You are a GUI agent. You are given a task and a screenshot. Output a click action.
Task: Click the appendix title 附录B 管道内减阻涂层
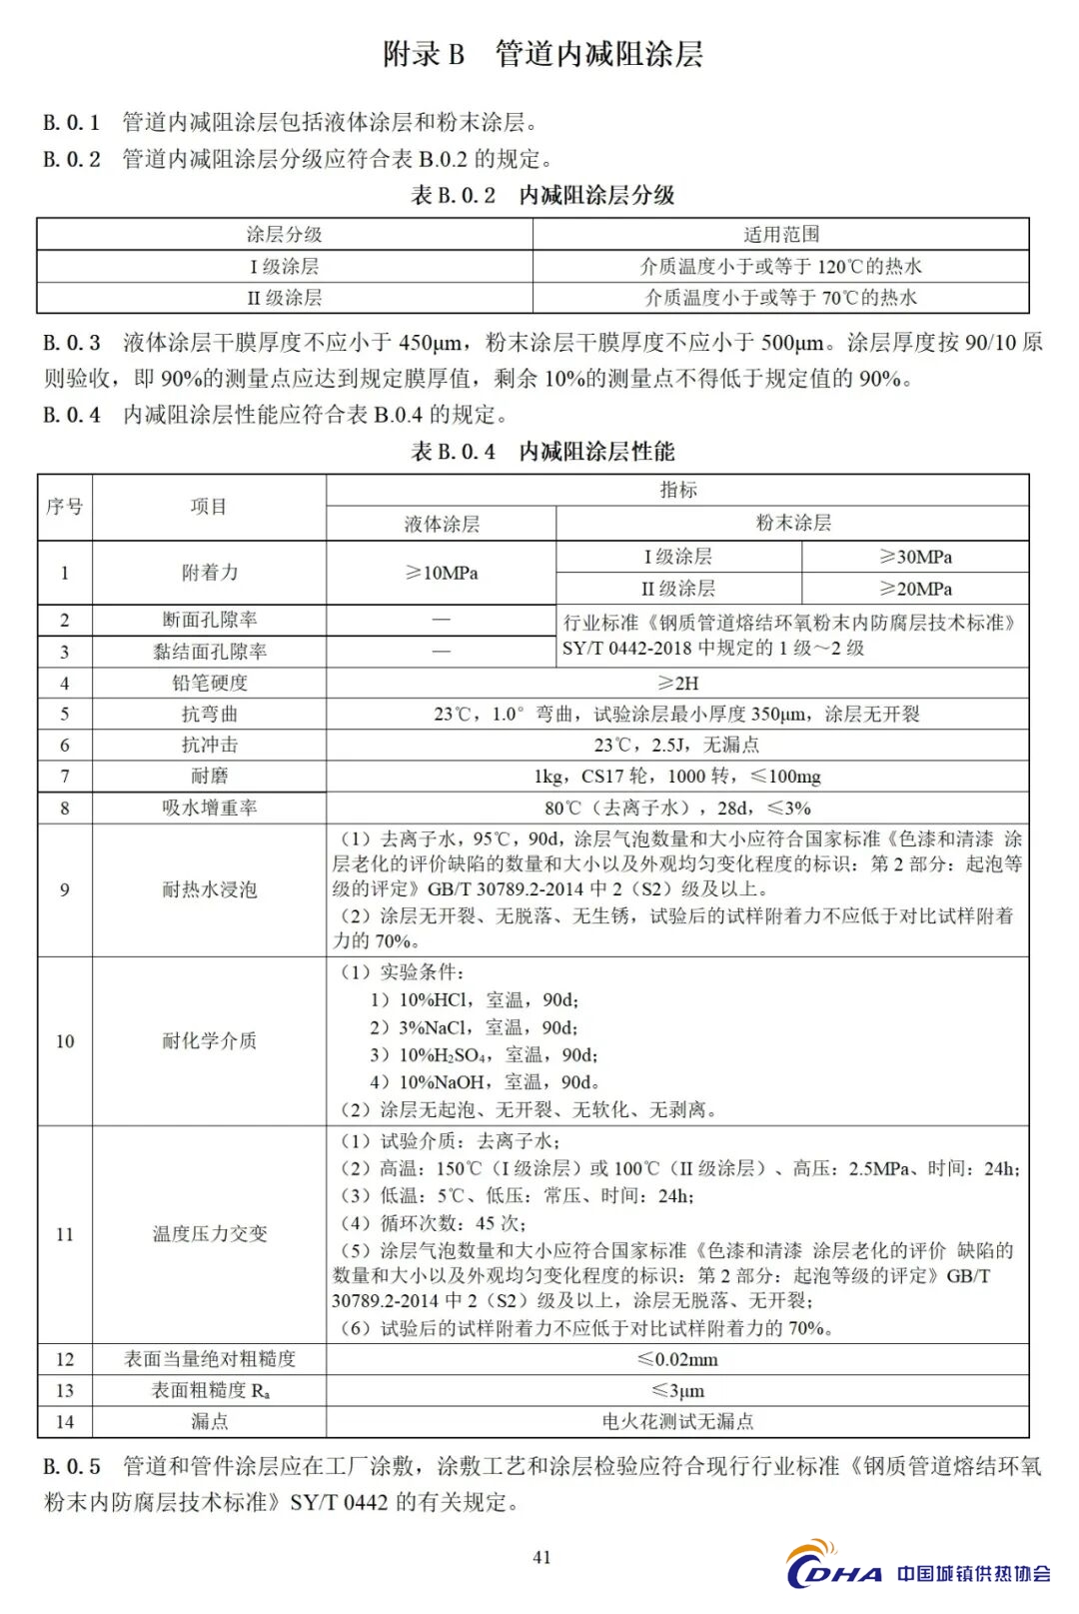click(x=542, y=54)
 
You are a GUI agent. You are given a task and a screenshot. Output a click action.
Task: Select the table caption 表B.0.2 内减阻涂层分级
click(x=542, y=195)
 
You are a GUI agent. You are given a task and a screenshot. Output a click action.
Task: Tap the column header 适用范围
click(x=780, y=234)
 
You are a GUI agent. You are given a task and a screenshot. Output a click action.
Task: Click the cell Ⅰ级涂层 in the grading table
click(x=284, y=266)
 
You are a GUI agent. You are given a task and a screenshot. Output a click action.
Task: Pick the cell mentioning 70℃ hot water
click(x=780, y=297)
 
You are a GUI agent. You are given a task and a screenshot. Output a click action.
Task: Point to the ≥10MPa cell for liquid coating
click(x=441, y=573)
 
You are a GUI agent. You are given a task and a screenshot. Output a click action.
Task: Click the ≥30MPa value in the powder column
click(x=915, y=557)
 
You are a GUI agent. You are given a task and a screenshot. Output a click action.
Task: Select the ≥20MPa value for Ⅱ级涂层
click(x=915, y=589)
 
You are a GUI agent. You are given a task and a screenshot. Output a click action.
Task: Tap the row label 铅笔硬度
click(x=209, y=683)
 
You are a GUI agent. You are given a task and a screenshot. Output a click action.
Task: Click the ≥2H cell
click(x=677, y=683)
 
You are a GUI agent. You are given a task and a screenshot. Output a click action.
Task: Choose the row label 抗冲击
click(x=209, y=745)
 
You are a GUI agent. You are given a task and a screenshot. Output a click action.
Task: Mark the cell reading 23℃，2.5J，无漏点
click(x=677, y=745)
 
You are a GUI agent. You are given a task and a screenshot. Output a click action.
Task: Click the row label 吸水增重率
click(x=209, y=807)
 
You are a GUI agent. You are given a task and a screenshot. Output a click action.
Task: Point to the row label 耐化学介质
click(x=209, y=1040)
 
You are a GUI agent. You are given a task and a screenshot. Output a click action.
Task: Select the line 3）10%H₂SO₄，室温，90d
click(x=484, y=1054)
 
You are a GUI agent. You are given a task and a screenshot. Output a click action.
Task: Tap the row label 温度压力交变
click(x=209, y=1233)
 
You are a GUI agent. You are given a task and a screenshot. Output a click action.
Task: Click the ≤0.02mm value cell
click(x=677, y=1359)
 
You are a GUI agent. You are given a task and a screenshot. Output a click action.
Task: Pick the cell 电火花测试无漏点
click(x=677, y=1421)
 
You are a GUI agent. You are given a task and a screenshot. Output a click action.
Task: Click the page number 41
click(x=541, y=1556)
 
